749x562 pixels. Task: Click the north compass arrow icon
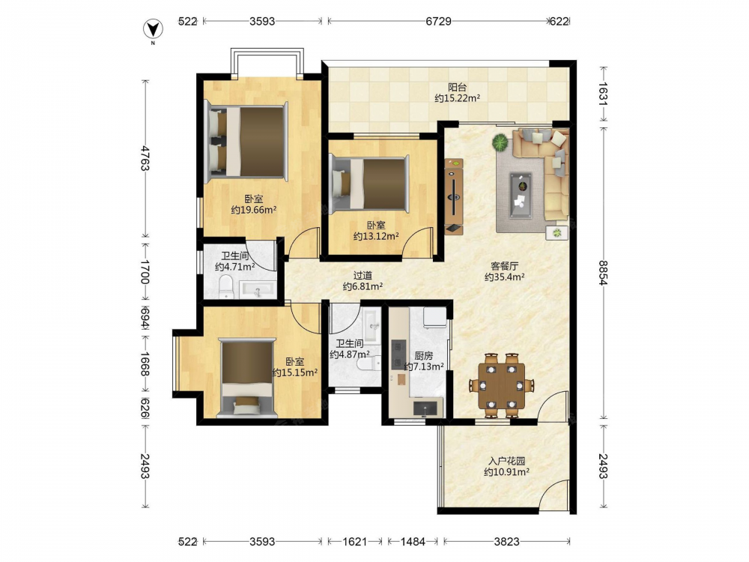point(153,29)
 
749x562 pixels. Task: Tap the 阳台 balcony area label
point(457,88)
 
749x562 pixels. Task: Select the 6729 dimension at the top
point(438,21)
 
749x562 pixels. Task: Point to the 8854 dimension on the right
point(603,273)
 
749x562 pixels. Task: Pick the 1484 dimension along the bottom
point(413,542)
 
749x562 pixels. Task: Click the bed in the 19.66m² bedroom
point(246,142)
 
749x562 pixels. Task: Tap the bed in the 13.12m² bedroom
point(370,184)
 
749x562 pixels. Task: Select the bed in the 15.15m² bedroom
point(247,378)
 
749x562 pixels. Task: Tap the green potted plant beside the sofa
point(500,142)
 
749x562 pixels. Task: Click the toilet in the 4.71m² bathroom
point(225,288)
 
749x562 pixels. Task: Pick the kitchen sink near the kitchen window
point(425,408)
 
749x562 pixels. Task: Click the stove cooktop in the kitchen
point(398,354)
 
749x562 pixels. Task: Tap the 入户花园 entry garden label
point(507,461)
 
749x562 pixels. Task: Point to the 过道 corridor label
point(363,276)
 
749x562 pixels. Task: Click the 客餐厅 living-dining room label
point(505,266)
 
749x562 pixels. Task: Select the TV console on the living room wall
point(454,196)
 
